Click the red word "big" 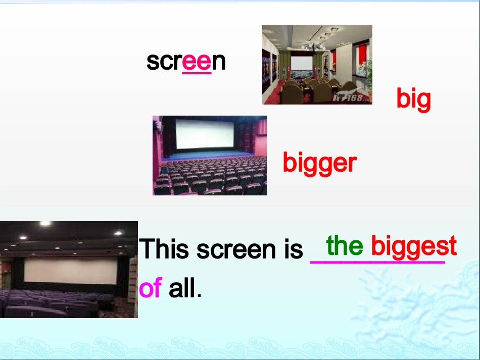[413, 99]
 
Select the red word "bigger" [319, 163]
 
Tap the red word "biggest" [414, 247]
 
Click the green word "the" [345, 246]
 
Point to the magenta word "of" [150, 288]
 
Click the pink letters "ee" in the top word [197, 62]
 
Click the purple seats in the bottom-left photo [51, 303]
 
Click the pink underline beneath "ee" [197, 73]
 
